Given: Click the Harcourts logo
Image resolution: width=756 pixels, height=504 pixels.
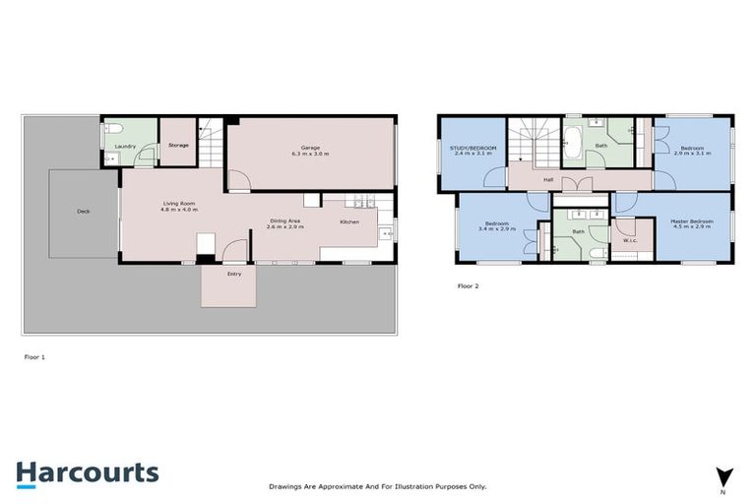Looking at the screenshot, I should click(x=87, y=472).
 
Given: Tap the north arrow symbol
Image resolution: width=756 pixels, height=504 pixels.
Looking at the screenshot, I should click(x=723, y=476).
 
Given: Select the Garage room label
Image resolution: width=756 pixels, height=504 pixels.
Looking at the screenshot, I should click(x=309, y=151).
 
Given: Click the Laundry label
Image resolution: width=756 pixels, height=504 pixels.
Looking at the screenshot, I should click(x=124, y=146).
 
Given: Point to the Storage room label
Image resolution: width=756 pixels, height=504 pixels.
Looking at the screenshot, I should click(x=178, y=145).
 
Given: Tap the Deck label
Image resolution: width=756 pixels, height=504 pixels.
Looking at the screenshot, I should click(x=84, y=212).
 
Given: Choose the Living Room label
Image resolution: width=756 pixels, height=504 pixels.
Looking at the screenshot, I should click(x=180, y=207).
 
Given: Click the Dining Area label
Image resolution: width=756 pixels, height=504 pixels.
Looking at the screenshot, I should click(x=285, y=223).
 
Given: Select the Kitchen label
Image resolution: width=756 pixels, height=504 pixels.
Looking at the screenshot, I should click(x=349, y=221).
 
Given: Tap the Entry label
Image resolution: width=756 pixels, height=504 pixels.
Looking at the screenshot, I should click(x=234, y=274).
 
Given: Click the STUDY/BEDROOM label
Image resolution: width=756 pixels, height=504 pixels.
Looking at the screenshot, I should click(x=473, y=151).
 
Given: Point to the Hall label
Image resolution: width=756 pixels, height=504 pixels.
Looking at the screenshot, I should click(x=547, y=179).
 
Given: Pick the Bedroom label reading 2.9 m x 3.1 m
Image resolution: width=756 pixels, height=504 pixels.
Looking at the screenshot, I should click(x=692, y=151).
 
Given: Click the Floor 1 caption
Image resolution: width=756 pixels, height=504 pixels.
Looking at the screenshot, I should click(x=34, y=356).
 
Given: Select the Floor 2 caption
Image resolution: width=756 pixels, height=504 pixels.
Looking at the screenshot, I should click(x=468, y=285).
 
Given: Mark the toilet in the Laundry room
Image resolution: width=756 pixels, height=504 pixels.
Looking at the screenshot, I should click(x=113, y=128).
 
